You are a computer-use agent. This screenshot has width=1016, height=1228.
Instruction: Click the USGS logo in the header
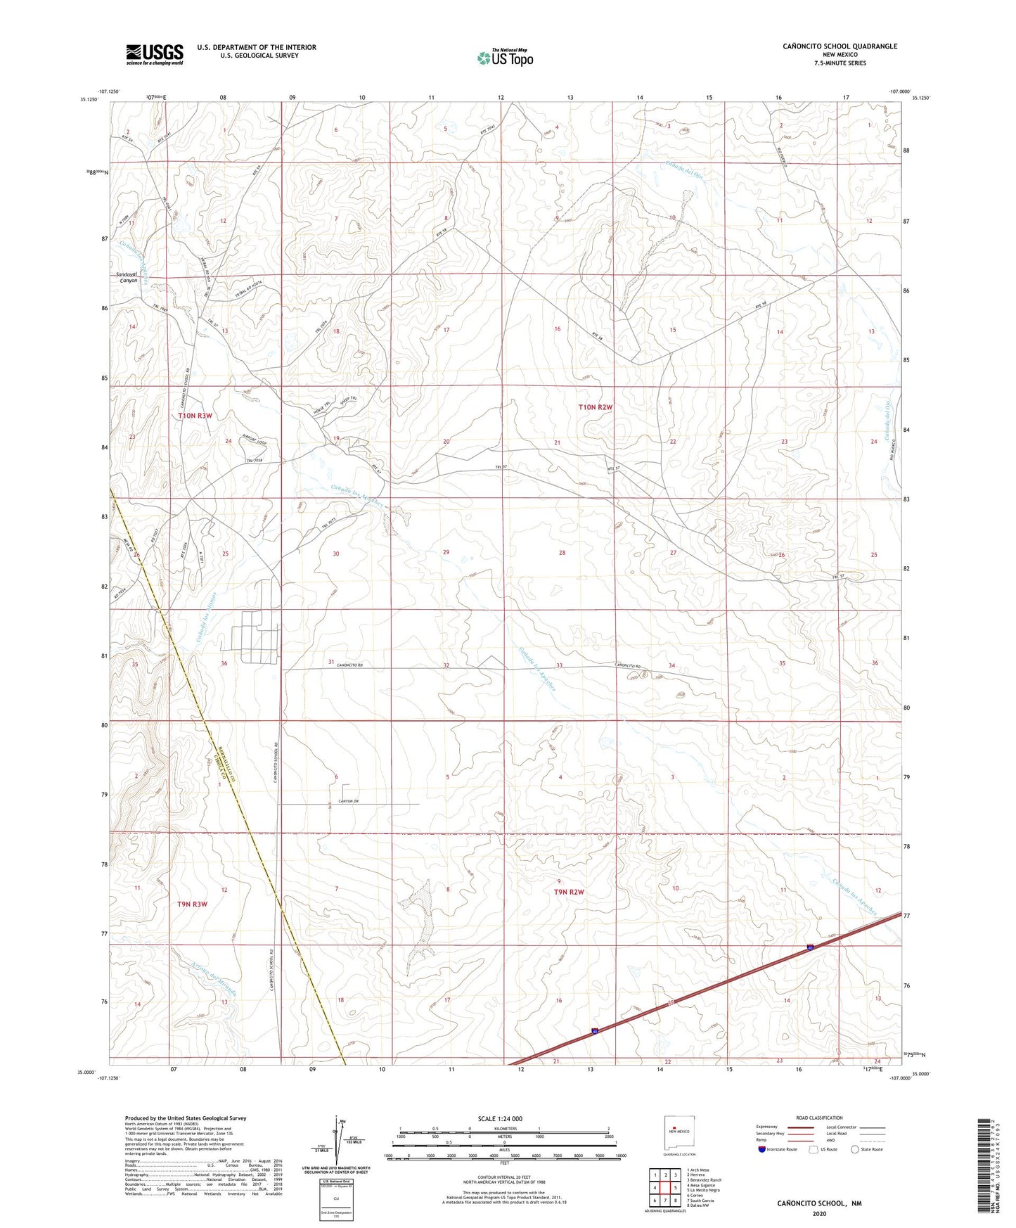155,54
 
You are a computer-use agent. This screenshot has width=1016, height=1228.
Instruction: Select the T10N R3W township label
195,416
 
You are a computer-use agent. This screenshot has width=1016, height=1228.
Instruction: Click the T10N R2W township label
596,407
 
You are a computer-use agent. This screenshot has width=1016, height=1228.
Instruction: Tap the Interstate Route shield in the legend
762,1149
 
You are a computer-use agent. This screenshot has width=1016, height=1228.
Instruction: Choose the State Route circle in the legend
854,1149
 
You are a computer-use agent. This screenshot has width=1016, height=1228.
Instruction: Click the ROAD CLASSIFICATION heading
819,1118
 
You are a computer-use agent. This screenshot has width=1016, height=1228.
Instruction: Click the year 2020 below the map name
819,1213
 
